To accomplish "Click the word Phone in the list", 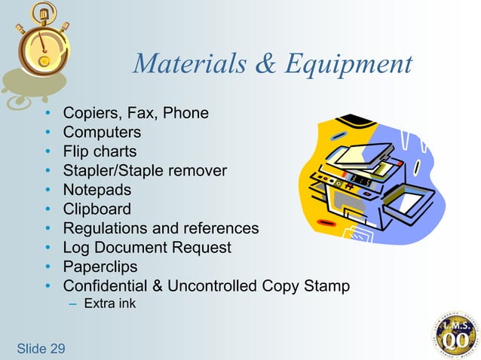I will [x=184, y=114].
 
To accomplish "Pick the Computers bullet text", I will [x=102, y=133].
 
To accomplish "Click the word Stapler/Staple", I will [x=114, y=171].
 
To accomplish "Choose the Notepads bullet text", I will [x=97, y=190].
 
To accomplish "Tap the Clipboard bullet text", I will [x=97, y=209].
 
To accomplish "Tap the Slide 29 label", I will [x=41, y=348].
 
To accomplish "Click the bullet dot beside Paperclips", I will [x=48, y=267].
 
